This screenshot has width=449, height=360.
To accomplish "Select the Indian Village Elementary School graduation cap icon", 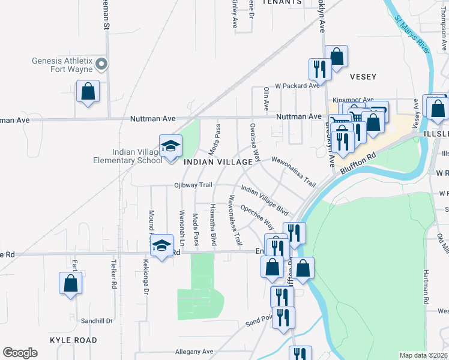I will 170,145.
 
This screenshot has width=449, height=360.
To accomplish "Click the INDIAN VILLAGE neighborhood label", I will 218,162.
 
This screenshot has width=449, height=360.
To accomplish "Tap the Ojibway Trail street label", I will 194,185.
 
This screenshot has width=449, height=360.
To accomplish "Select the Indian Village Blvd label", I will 265,200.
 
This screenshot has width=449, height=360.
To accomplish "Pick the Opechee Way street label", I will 257,217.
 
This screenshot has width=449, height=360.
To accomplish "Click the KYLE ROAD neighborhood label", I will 73,340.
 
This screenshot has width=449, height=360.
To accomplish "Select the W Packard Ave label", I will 297,86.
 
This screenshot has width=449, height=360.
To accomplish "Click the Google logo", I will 20,353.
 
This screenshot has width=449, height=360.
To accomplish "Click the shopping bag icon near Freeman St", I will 88,92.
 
